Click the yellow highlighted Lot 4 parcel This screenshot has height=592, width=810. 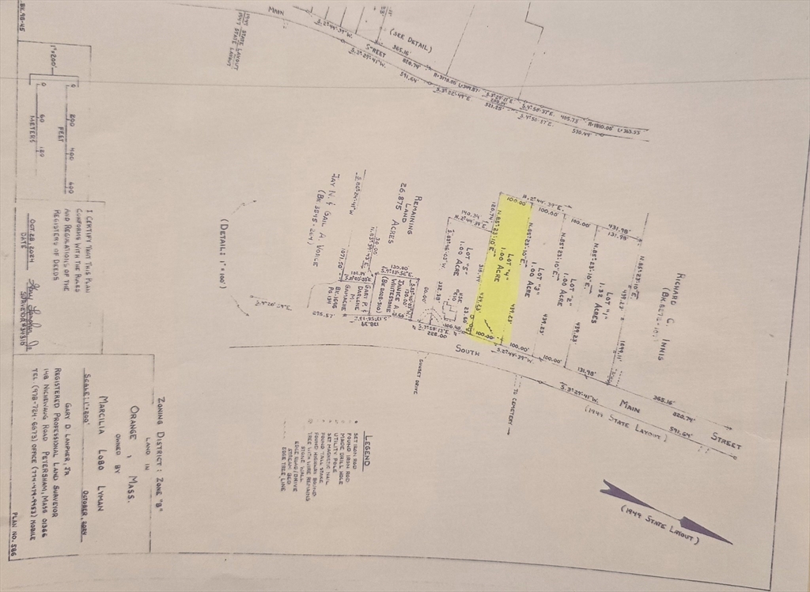point(505,269)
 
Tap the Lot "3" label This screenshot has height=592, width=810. point(543,281)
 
